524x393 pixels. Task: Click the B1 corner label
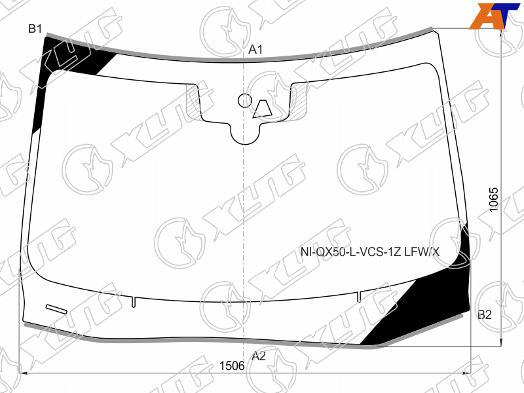(35, 29)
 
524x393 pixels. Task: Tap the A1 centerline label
(255, 50)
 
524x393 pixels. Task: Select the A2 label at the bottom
(259, 356)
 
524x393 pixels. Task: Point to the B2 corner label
(485, 314)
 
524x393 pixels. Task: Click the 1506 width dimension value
(232, 366)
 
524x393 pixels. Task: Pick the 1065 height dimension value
(493, 200)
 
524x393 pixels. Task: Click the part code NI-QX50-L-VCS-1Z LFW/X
(370, 252)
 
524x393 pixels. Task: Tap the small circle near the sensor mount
(244, 100)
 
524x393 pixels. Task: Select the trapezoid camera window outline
(263, 109)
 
